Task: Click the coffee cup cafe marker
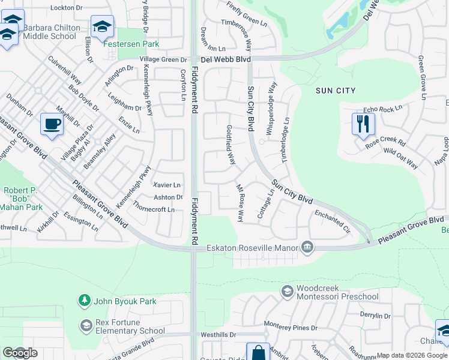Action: click(x=52, y=124)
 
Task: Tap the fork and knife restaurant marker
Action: click(x=363, y=124)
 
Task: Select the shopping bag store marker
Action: click(x=258, y=353)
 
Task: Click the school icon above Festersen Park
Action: click(x=103, y=26)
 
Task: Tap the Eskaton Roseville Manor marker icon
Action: click(x=307, y=247)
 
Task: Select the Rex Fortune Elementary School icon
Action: click(x=85, y=325)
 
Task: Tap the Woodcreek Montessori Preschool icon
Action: click(x=288, y=292)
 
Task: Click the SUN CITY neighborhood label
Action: click(x=336, y=91)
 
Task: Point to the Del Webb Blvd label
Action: click(x=225, y=59)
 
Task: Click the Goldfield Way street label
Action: click(x=231, y=145)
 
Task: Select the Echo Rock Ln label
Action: click(x=382, y=110)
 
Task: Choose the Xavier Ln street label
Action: click(x=167, y=185)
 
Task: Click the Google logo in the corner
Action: click(x=20, y=353)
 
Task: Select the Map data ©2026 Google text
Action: click(x=411, y=355)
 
